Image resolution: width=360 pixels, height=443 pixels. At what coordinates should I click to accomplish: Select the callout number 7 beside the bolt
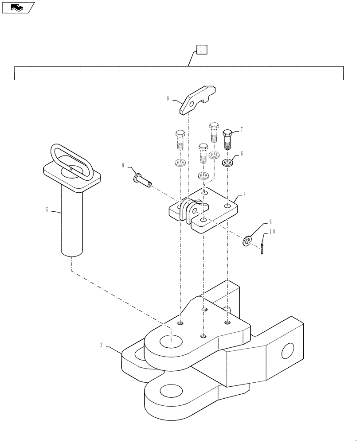click(x=242, y=130)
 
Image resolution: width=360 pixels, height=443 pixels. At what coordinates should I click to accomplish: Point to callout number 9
click(x=123, y=166)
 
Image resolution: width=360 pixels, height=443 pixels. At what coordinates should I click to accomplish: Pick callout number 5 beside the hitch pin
click(x=47, y=210)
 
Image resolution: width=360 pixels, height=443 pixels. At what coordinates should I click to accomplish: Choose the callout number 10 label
click(x=273, y=231)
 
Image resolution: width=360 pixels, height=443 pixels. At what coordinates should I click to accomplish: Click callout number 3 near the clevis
click(x=102, y=345)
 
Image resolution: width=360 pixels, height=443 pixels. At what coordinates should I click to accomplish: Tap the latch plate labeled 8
click(x=197, y=100)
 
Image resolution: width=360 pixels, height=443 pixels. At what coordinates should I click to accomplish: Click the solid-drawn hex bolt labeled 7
click(x=227, y=140)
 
